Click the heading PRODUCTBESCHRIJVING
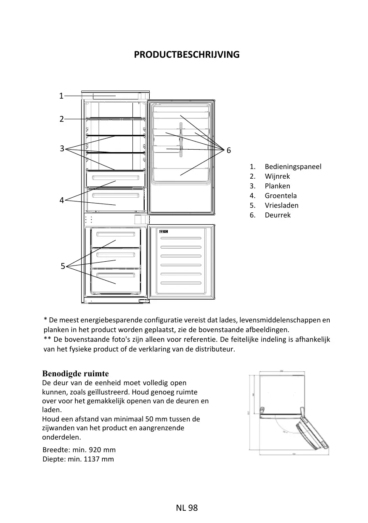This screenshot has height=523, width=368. (186, 55)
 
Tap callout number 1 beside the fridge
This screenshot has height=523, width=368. (61, 96)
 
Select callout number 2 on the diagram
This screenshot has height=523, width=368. (61, 119)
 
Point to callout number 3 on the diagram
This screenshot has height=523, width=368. (62, 148)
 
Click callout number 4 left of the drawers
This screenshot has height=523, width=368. (61, 201)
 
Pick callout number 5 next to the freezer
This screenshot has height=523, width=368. (63, 266)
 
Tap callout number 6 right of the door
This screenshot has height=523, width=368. (229, 150)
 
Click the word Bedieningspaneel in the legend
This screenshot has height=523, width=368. (293, 166)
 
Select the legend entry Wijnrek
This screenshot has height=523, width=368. (277, 176)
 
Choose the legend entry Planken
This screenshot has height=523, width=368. (277, 186)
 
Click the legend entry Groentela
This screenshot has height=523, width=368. (281, 196)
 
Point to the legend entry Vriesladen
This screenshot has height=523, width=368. (281, 205)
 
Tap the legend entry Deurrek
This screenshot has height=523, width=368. (278, 215)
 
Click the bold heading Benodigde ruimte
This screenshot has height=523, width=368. (76, 373)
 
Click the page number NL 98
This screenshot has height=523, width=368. (187, 508)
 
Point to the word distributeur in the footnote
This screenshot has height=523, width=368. (214, 349)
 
